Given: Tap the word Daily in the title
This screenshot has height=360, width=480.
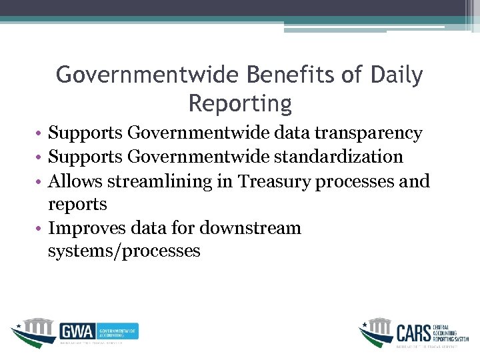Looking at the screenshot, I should (x=397, y=75).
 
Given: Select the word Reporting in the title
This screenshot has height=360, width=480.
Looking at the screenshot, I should (x=240, y=104).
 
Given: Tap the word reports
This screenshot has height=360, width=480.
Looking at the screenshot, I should (x=77, y=204).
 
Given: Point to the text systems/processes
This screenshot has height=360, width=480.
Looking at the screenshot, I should (x=124, y=251).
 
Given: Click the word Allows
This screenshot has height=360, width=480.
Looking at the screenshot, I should (x=77, y=181).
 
